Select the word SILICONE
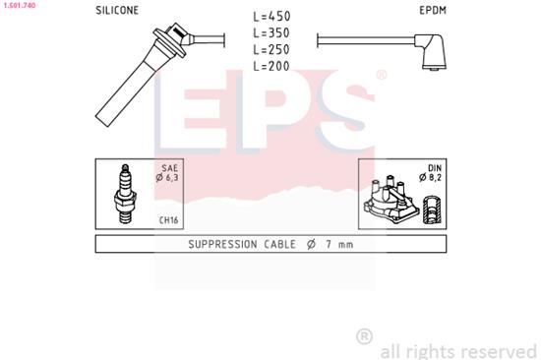tap(117, 11)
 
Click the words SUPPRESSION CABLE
tap(238, 244)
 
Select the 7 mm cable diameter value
tap(339, 244)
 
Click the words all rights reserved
tap(457, 349)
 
